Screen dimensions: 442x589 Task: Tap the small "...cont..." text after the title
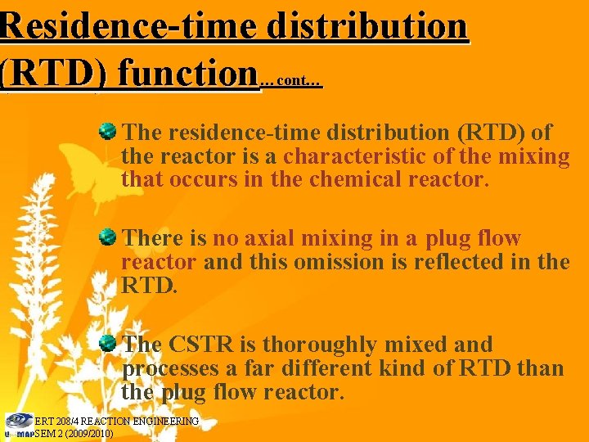click(x=290, y=82)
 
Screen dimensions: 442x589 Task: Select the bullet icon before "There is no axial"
click(x=107, y=237)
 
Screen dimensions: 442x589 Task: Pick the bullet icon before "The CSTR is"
click(x=107, y=343)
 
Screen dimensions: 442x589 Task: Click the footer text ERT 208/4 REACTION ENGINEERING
click(x=116, y=421)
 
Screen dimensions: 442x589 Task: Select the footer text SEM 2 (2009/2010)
click(x=74, y=433)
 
